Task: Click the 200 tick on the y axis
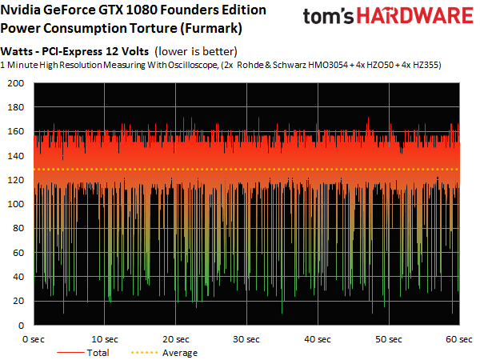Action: pyautogui.click(x=14, y=83)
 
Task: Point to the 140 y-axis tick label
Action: pyautogui.click(x=14, y=156)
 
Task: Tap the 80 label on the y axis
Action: pyautogui.click(x=17, y=229)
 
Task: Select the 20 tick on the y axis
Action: pyautogui.click(x=17, y=302)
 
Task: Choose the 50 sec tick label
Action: pyautogui.click(x=389, y=339)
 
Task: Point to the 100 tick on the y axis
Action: pyautogui.click(x=14, y=205)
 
